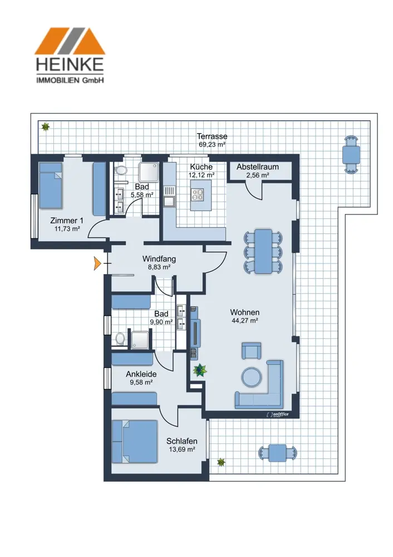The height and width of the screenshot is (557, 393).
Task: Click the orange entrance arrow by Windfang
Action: click(x=98, y=263)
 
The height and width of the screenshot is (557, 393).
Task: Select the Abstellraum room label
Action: click(x=257, y=167)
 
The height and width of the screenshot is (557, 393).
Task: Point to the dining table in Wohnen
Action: click(x=263, y=251)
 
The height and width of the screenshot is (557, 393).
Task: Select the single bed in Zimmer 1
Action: click(x=51, y=185)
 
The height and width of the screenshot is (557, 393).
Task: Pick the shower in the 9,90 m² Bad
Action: click(x=140, y=339)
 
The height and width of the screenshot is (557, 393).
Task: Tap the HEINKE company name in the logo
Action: click(x=70, y=63)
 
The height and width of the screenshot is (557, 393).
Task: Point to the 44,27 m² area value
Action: click(x=245, y=320)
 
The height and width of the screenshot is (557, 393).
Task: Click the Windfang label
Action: click(x=159, y=259)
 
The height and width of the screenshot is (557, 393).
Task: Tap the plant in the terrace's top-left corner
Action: click(x=45, y=127)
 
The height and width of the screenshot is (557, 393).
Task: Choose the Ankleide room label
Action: click(x=140, y=374)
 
